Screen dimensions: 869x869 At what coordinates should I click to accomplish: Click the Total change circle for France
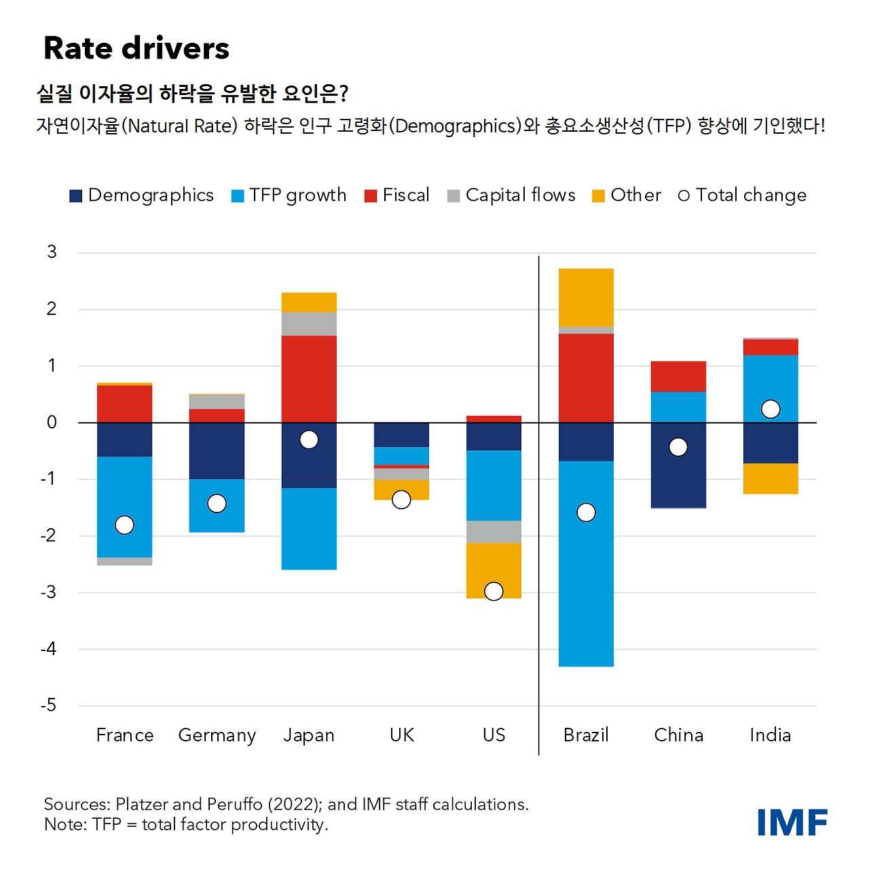pyautogui.click(x=124, y=525)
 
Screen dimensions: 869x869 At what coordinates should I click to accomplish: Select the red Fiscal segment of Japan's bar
pyautogui.click(x=309, y=379)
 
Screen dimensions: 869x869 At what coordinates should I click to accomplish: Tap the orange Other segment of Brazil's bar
pyautogui.click(x=586, y=297)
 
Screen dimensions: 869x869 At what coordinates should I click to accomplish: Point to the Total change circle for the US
pyautogui.click(x=494, y=591)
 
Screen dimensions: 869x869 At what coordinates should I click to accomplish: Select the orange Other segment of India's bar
pyautogui.click(x=771, y=479)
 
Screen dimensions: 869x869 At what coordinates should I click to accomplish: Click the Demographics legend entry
pyautogui.click(x=142, y=196)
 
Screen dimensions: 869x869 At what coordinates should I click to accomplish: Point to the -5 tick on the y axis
pyautogui.click(x=48, y=705)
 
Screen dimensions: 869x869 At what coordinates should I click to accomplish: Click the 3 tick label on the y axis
pyautogui.click(x=52, y=253)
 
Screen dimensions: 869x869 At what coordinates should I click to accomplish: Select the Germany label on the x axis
pyautogui.click(x=217, y=735)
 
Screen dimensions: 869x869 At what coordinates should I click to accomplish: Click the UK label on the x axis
pyautogui.click(x=402, y=735)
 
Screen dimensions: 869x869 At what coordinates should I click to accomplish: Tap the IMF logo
pyautogui.click(x=792, y=822)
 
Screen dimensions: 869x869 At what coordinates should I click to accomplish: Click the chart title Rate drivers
pyautogui.click(x=136, y=48)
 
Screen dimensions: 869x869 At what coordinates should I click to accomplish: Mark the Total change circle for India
pyautogui.click(x=771, y=409)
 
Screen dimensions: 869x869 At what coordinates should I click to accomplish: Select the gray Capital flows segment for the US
pyautogui.click(x=494, y=532)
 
